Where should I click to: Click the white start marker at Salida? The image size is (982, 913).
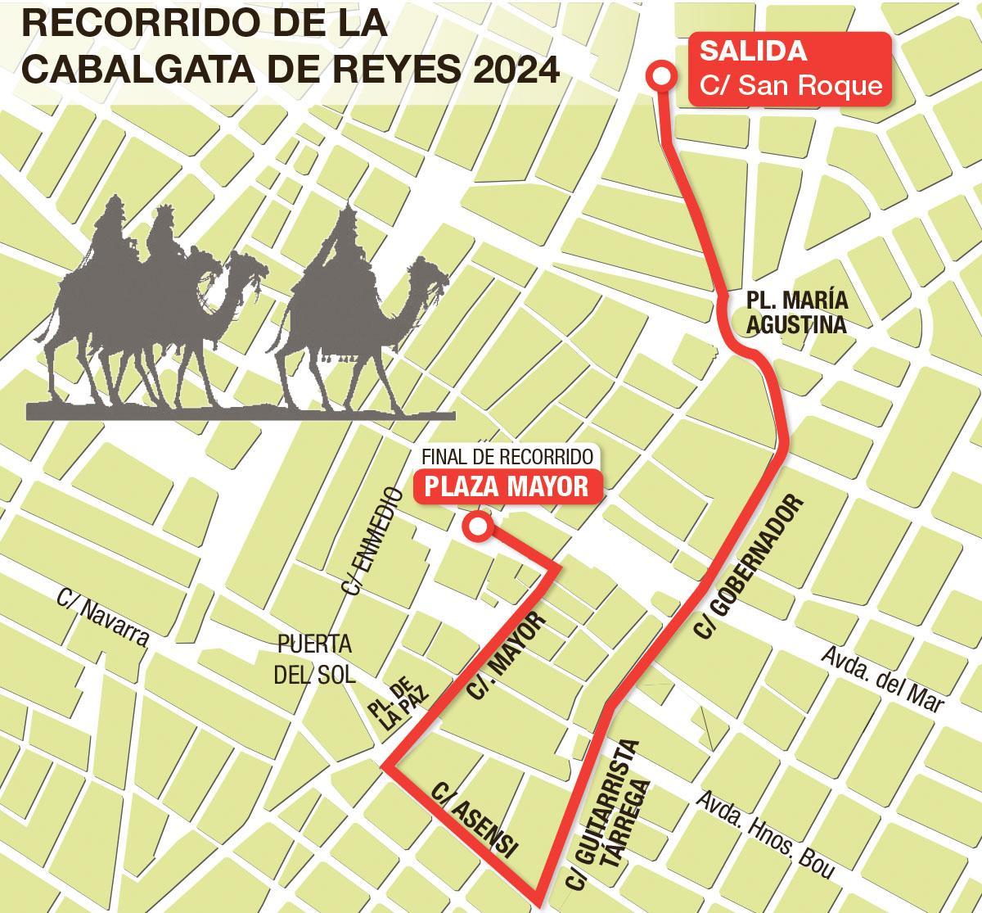(x=661, y=76)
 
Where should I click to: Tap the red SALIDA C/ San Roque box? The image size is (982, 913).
(x=788, y=69)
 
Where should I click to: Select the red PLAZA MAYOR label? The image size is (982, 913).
(x=507, y=486)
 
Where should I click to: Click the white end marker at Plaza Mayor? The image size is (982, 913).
(x=476, y=527)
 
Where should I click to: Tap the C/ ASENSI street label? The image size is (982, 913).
(x=475, y=819)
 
